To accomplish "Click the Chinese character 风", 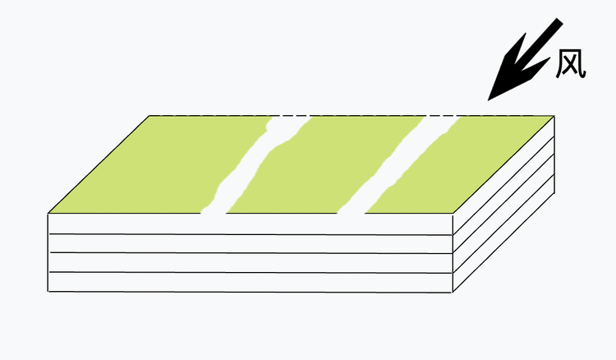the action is [571, 63].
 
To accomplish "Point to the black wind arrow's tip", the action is [488, 100].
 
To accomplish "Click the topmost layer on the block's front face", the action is [251, 224].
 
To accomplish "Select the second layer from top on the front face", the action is [251, 243].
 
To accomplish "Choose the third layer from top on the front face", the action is [251, 262].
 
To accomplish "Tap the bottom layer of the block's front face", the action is [251, 282].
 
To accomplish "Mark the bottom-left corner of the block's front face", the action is [48, 292].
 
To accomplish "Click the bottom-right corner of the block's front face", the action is [453, 293].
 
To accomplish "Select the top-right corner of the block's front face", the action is [453, 214].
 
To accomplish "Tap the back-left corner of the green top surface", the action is [149, 116].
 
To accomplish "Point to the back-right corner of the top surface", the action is [554, 116].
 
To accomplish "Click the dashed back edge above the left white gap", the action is [291, 116].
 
